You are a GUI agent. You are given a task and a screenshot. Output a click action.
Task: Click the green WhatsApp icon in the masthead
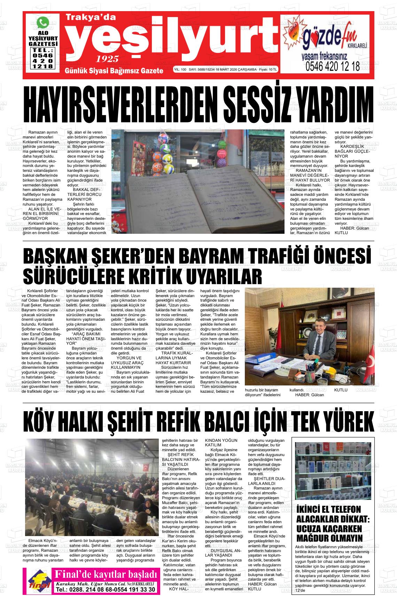click(43, 23)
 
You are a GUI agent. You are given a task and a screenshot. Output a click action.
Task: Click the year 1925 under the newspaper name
click(108, 58)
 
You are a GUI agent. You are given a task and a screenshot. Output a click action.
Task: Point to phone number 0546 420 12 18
click(332, 66)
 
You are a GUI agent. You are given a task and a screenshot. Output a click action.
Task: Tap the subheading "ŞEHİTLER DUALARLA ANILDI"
click(266, 481)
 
